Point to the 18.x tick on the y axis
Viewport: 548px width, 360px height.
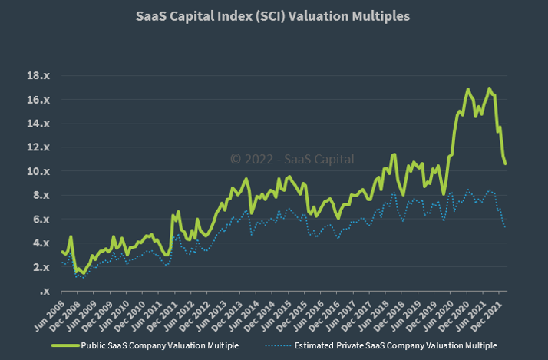(x=38, y=76)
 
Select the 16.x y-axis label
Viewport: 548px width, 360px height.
(x=38, y=100)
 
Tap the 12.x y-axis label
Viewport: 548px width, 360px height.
(x=38, y=147)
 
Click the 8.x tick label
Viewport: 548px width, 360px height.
(x=41, y=195)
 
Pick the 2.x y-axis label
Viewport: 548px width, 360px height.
(x=41, y=267)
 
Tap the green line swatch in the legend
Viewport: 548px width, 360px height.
(x=68, y=345)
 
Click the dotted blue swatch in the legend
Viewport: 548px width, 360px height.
(x=278, y=345)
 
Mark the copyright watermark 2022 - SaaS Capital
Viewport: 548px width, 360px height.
(x=292, y=159)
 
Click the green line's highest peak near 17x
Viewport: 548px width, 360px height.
(x=467, y=89)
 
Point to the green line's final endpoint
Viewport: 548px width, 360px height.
(x=505, y=163)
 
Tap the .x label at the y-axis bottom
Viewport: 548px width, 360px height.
(x=44, y=291)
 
